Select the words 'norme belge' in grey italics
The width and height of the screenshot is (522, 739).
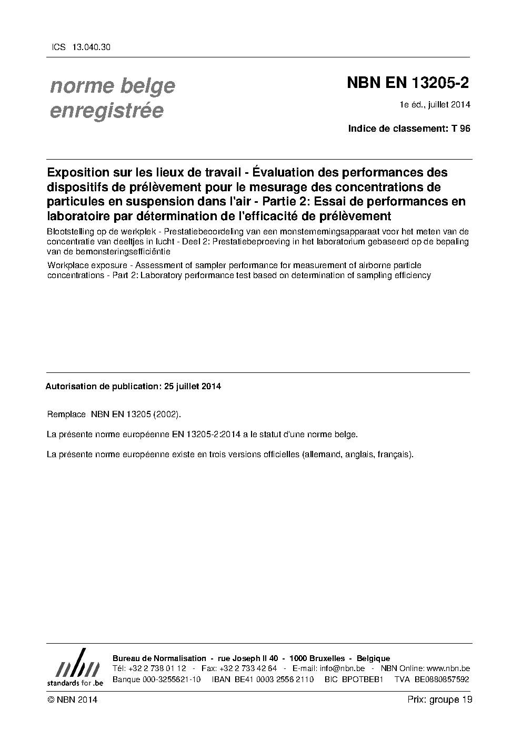(112, 86)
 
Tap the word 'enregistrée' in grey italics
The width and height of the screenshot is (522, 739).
(106, 111)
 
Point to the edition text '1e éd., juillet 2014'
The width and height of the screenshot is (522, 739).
(435, 105)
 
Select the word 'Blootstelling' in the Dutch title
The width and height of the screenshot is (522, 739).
(70, 232)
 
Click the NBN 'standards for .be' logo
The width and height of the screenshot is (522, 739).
(75, 667)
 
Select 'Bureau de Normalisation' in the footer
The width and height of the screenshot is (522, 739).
(159, 658)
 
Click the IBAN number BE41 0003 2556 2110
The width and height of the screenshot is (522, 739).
(263, 679)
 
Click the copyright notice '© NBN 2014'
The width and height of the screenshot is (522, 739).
(72, 699)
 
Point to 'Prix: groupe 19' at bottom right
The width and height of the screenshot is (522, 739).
(440, 699)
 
